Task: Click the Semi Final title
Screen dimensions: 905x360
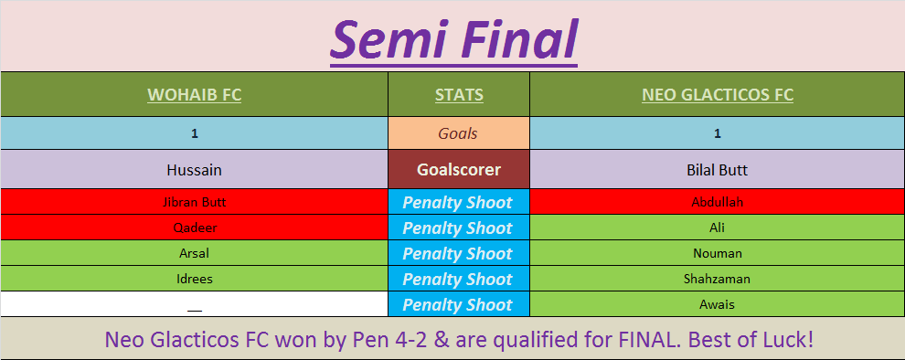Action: [x=453, y=39]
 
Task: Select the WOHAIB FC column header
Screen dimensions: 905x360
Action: [x=195, y=95]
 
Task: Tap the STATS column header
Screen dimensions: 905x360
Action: [x=459, y=95]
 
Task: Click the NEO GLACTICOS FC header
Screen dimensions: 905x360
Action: [x=718, y=95]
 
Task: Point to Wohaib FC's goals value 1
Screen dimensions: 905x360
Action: [x=195, y=133]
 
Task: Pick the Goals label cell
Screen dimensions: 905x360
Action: [x=458, y=133]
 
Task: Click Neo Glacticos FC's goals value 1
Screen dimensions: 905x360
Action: [x=718, y=133]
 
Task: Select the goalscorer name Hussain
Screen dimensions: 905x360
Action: [x=195, y=170]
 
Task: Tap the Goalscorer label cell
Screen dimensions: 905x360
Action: [x=458, y=170]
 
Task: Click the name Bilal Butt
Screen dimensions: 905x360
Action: [x=718, y=170]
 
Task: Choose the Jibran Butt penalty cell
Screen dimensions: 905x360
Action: [x=195, y=202]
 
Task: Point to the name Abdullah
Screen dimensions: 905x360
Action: [x=718, y=202]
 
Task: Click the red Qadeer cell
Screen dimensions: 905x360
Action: [x=195, y=228]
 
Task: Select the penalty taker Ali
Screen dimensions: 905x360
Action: [x=718, y=228]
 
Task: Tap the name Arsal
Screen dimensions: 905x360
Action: [x=195, y=253]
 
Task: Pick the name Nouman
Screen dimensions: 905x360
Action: [x=718, y=253]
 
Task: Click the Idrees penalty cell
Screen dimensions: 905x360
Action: [x=195, y=279]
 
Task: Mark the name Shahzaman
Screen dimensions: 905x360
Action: [x=718, y=279]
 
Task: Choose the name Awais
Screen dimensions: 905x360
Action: [x=718, y=304]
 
